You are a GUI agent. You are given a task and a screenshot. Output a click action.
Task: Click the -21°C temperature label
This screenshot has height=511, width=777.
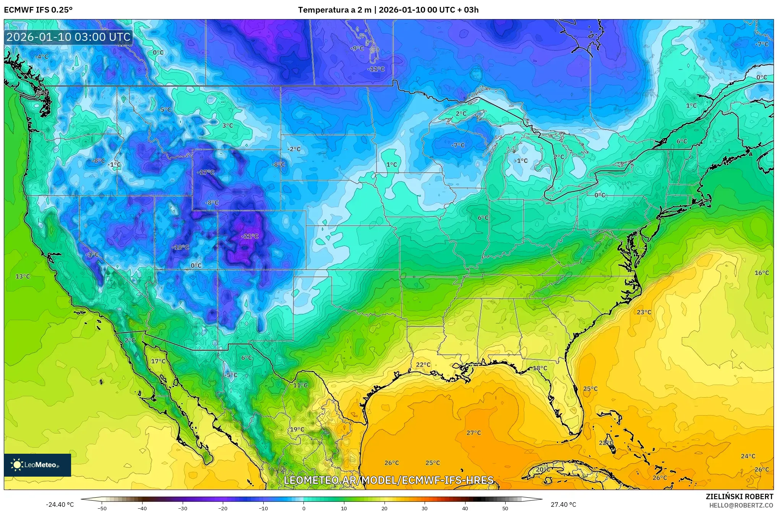250,236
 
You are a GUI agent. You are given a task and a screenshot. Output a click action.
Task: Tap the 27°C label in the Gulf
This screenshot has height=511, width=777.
474,433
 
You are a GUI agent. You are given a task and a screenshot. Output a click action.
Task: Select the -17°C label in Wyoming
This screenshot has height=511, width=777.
206,172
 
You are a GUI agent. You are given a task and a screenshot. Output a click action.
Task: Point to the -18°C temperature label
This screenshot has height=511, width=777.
180,247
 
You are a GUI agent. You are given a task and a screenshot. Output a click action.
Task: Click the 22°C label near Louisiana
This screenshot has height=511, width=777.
423,364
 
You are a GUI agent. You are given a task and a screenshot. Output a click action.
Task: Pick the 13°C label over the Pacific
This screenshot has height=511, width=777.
23,276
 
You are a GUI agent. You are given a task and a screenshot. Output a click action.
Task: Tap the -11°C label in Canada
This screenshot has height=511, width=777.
376,69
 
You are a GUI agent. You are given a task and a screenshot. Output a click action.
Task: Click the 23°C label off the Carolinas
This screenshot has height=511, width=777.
644,312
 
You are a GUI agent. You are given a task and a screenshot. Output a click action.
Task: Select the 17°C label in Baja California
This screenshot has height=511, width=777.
158,361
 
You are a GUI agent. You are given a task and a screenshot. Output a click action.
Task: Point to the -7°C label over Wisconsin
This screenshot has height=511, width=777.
458,145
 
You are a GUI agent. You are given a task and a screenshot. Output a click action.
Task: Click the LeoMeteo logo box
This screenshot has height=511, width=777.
37,465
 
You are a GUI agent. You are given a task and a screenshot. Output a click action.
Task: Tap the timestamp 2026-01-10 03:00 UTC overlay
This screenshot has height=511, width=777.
68,37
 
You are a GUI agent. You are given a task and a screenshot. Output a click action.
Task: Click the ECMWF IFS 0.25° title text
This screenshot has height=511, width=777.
38,10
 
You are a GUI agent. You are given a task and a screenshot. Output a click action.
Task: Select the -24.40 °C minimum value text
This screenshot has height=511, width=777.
60,505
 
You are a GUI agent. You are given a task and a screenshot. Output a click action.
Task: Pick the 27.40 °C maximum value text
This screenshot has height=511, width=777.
563,505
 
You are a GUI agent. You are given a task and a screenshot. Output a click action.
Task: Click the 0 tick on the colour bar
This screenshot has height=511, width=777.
304,508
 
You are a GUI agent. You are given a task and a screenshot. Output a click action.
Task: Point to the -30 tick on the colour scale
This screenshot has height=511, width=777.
183,508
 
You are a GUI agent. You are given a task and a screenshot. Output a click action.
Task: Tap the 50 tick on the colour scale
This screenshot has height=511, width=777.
505,508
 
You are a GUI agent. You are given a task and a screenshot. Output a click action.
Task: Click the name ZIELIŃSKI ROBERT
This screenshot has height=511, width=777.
740,496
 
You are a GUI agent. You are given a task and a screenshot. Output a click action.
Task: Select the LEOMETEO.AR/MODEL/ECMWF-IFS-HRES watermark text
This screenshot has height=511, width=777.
388,480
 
